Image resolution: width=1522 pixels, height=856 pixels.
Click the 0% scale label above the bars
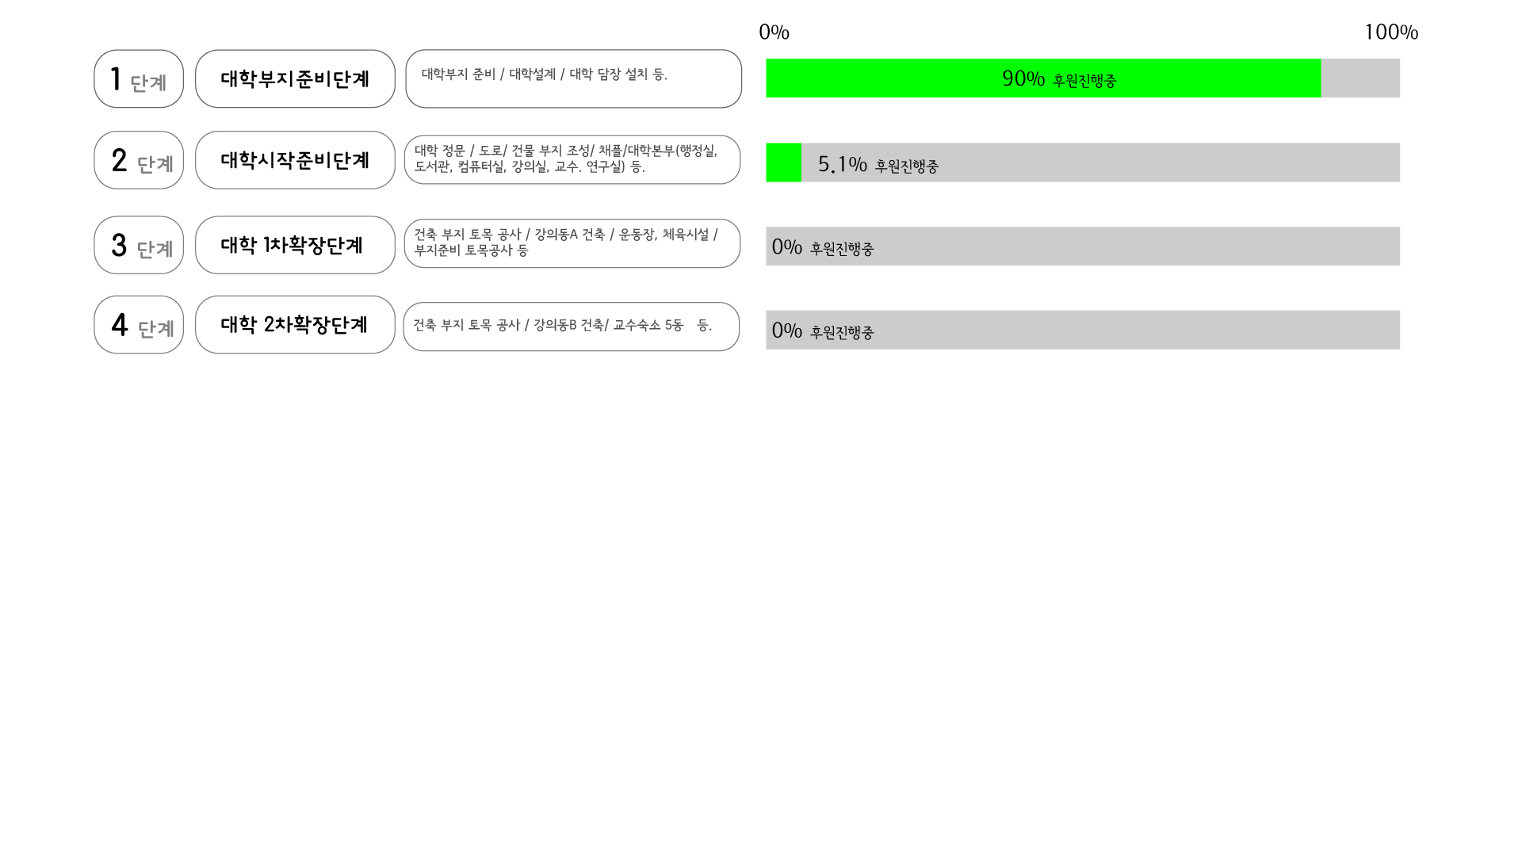click(774, 32)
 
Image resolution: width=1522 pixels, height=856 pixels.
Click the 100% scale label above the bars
click(1390, 32)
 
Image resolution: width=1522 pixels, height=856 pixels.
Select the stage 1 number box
click(139, 79)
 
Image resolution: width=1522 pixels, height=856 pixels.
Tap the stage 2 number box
click(139, 160)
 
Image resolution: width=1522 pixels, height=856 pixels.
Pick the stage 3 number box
click(139, 245)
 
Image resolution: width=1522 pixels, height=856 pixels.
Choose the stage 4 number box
click(139, 325)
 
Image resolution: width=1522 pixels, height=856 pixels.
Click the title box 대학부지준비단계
click(295, 79)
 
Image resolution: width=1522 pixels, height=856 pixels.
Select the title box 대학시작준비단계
click(295, 160)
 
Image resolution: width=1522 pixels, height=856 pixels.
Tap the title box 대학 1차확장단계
click(295, 245)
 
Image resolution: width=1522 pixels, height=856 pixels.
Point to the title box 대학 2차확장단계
click(295, 325)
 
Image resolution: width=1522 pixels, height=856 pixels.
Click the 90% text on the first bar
click(1023, 78)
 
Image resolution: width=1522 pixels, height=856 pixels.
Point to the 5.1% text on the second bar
click(842, 164)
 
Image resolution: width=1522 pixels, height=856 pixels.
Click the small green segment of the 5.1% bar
click(783, 162)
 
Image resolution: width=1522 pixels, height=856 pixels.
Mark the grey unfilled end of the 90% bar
click(1360, 78)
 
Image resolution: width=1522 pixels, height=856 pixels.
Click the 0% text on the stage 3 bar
click(786, 246)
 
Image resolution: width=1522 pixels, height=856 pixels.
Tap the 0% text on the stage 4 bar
click(786, 331)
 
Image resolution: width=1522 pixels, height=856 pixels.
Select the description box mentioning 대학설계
click(573, 79)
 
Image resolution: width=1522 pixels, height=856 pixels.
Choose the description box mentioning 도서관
click(572, 160)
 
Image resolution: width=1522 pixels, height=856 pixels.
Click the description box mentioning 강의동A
click(572, 243)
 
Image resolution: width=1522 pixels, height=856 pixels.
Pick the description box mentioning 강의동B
click(571, 327)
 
